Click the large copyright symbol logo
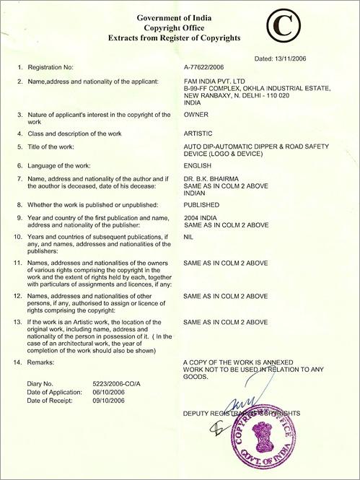(x=287, y=27)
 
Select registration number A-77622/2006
(x=209, y=66)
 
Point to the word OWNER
(x=198, y=114)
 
